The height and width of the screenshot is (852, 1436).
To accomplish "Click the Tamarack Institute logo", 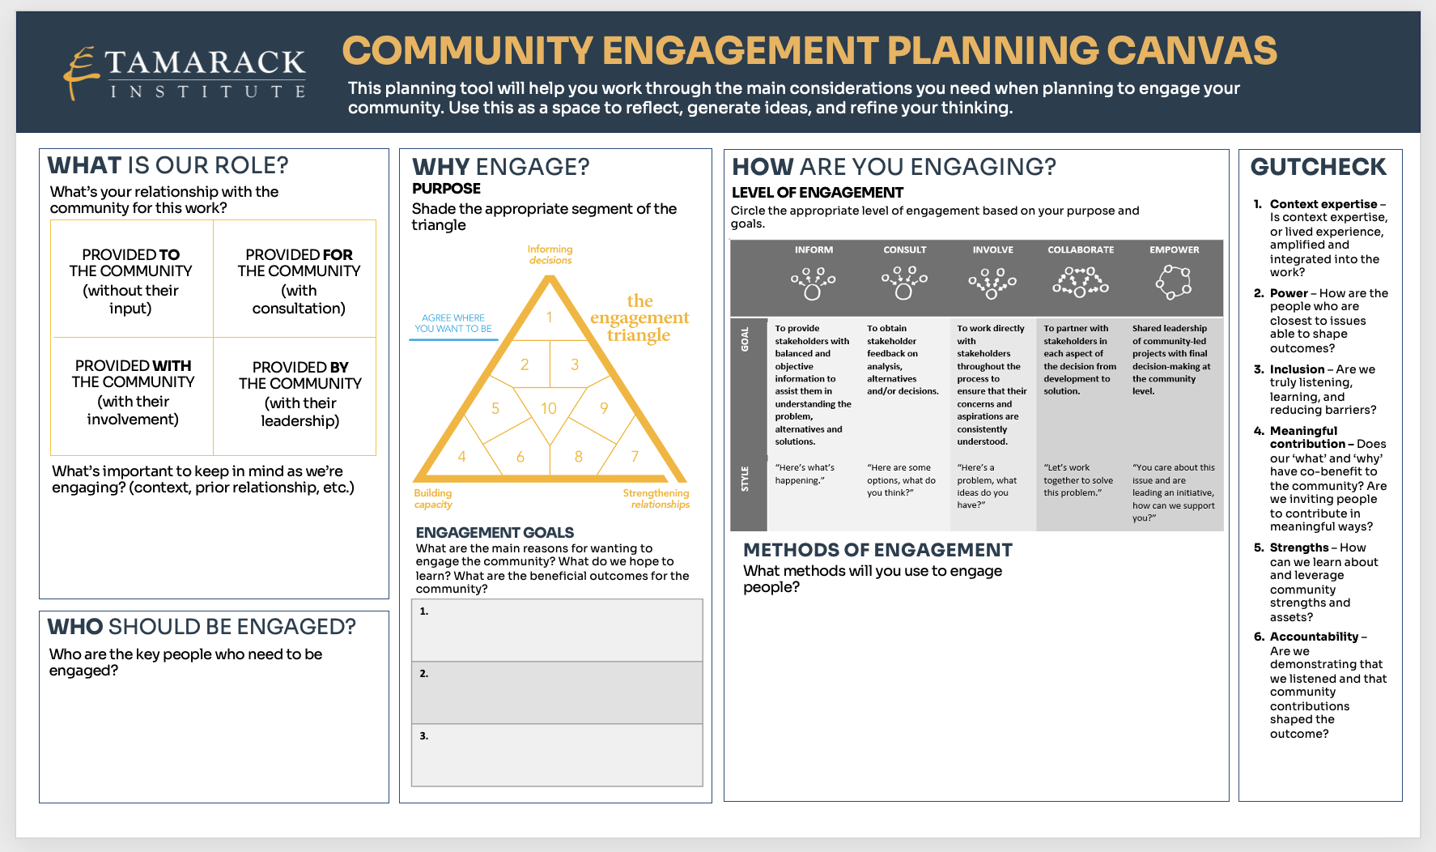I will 185,73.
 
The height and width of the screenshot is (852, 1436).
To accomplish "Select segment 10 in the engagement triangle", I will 549,409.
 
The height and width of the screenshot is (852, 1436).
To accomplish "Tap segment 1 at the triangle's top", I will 549,317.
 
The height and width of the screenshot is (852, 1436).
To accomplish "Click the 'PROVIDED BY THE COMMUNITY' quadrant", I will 300,394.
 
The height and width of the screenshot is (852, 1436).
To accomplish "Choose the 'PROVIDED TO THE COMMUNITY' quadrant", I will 130,280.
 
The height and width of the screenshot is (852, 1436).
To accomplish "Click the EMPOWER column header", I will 1174,249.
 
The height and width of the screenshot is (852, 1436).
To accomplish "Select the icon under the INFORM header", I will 813,283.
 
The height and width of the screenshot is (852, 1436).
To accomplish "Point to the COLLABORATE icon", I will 1080,282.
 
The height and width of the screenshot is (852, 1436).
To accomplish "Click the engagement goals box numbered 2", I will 557,692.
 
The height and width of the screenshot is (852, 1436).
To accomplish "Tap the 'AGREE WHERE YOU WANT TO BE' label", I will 453,323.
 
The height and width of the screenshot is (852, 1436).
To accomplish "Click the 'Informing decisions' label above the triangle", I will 550,254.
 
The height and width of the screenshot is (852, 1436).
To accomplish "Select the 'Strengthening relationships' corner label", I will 656,498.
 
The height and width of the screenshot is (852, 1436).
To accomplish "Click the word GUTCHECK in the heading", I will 1318,167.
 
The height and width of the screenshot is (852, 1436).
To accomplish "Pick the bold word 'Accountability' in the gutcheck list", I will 1314,637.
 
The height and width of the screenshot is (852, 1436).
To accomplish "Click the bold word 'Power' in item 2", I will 1288,293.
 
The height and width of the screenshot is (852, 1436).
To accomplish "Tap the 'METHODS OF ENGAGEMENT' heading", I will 877,550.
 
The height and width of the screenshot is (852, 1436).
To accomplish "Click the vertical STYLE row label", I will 745,479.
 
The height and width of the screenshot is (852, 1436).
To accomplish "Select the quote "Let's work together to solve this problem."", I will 1078,479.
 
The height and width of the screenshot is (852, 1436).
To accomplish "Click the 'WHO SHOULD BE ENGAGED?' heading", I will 202,627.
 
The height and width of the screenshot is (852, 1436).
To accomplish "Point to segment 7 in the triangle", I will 635,456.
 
